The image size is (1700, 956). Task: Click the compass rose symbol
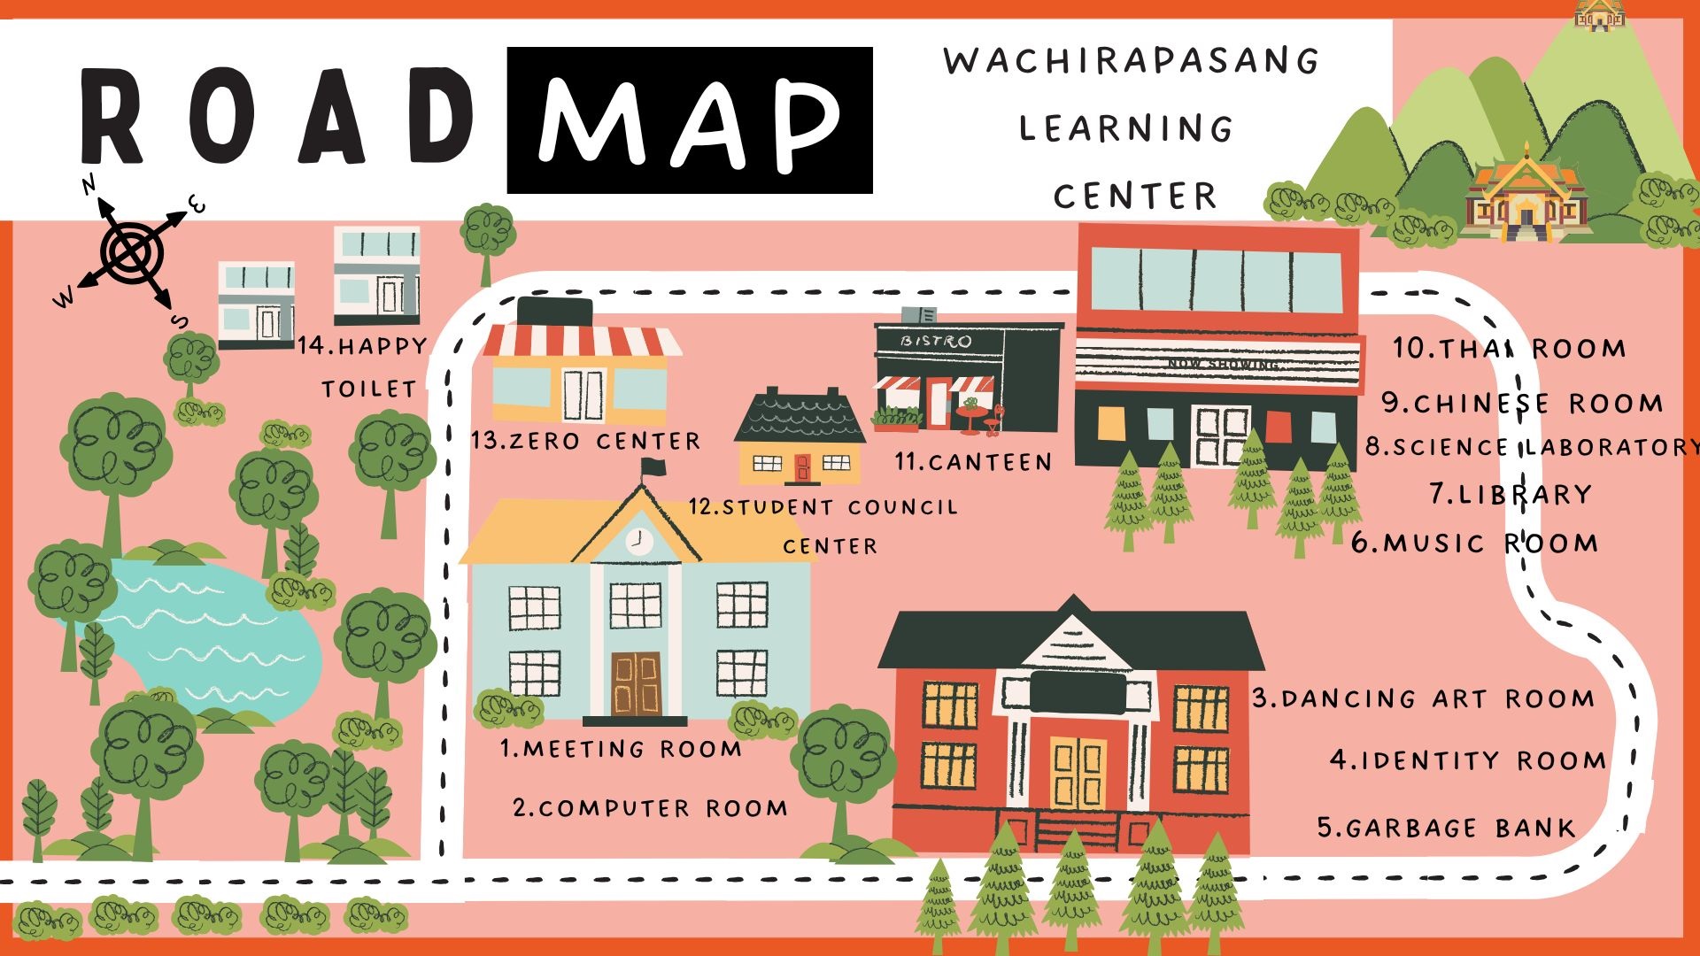(x=131, y=251)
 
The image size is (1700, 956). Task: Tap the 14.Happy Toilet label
(x=363, y=366)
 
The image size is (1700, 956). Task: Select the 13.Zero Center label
(x=585, y=441)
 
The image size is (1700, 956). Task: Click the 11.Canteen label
(x=973, y=461)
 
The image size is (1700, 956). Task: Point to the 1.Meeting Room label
(x=621, y=749)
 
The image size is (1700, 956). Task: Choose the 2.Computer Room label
(x=650, y=808)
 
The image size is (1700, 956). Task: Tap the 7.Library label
(x=1511, y=494)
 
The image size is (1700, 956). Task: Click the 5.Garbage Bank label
(x=1447, y=828)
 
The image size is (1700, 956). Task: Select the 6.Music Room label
(x=1475, y=543)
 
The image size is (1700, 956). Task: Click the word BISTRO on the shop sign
(x=936, y=341)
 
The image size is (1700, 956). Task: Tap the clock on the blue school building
(x=637, y=539)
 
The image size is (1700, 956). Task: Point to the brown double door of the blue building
(x=636, y=683)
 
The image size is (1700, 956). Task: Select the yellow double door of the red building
(x=1078, y=772)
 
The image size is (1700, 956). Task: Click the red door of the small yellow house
(x=802, y=466)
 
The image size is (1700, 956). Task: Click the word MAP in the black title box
(x=689, y=120)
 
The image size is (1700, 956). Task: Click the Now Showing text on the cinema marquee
(x=1223, y=364)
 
